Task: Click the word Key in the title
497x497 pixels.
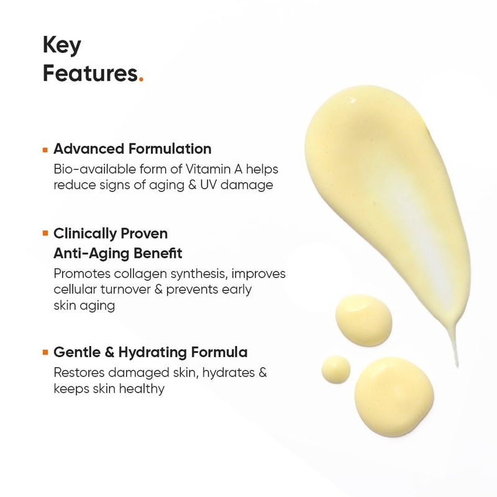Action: tap(62, 45)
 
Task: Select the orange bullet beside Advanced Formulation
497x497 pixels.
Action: tap(45, 149)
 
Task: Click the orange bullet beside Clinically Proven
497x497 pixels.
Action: tap(45, 234)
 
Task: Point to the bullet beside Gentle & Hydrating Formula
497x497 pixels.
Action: tap(45, 352)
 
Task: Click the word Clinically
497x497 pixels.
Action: tap(84, 234)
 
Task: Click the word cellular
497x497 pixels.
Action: tap(76, 290)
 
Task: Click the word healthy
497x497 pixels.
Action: tap(143, 389)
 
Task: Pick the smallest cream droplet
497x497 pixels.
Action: tap(336, 369)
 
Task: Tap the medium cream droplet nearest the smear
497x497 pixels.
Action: tap(364, 321)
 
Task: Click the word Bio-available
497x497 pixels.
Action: tap(94, 169)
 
